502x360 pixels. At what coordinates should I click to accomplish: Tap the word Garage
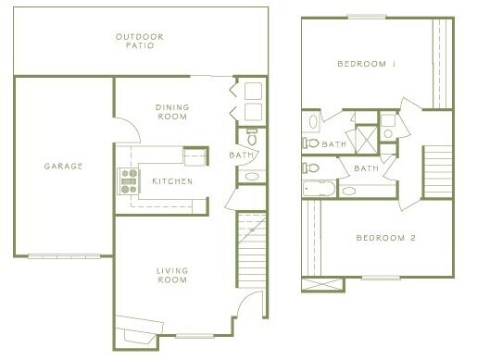63,167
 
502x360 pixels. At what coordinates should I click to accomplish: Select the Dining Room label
172,112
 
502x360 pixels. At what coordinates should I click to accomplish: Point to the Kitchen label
172,181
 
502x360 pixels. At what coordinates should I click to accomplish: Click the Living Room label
172,275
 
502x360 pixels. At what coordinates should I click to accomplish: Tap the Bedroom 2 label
386,238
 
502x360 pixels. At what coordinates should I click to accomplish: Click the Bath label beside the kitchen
242,155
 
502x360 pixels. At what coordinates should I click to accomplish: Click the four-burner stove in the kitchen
128,180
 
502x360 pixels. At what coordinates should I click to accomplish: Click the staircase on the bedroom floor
437,175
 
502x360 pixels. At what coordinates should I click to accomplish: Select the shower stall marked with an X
367,139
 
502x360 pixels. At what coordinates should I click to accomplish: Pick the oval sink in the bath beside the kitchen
250,175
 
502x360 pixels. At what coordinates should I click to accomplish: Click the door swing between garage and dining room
127,132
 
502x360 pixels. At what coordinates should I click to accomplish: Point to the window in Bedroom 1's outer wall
366,17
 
